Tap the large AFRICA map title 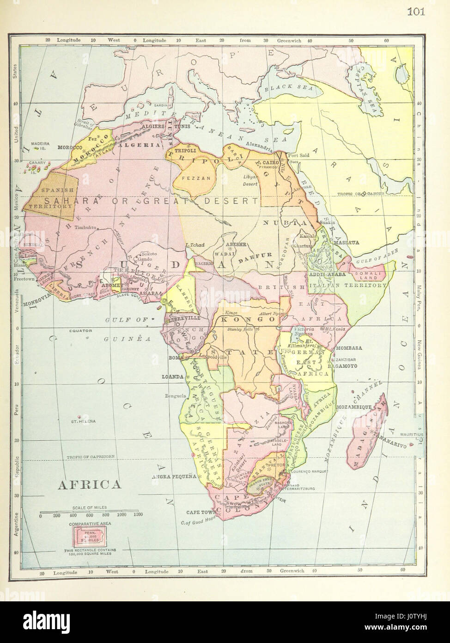(x=88, y=484)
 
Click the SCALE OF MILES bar (x=91, y=512)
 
